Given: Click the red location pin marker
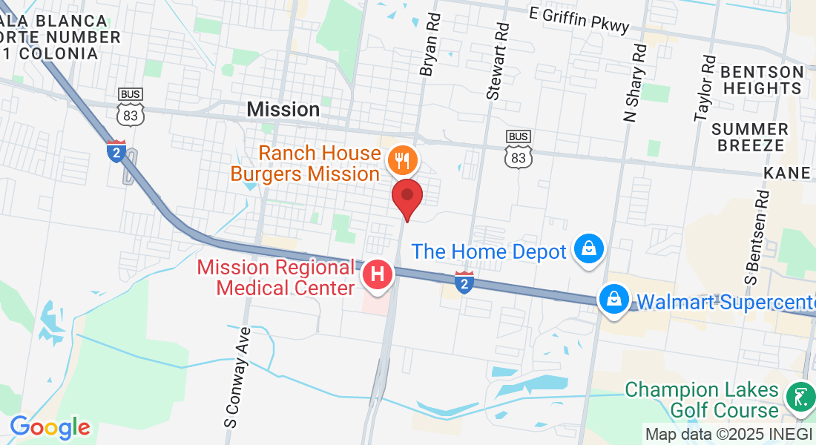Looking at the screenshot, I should pyautogui.click(x=407, y=197).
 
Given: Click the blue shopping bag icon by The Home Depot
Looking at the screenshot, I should pyautogui.click(x=589, y=250).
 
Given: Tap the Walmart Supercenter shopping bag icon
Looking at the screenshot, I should pyautogui.click(x=614, y=300).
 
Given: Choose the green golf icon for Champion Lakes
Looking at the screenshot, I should pyautogui.click(x=800, y=398).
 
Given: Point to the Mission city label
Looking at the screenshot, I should pyautogui.click(x=283, y=110).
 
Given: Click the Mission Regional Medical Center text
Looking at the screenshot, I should pyautogui.click(x=276, y=277).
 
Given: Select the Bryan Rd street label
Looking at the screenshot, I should pyautogui.click(x=430, y=44).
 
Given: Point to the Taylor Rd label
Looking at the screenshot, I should pyautogui.click(x=705, y=88).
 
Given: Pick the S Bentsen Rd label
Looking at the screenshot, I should pyautogui.click(x=757, y=237).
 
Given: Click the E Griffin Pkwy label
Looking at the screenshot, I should pyautogui.click(x=579, y=21).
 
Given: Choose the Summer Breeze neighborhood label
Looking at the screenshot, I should pyautogui.click(x=750, y=137).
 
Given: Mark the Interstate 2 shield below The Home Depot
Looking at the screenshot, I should pyautogui.click(x=464, y=282).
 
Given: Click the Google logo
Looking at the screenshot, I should pyautogui.click(x=50, y=427).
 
